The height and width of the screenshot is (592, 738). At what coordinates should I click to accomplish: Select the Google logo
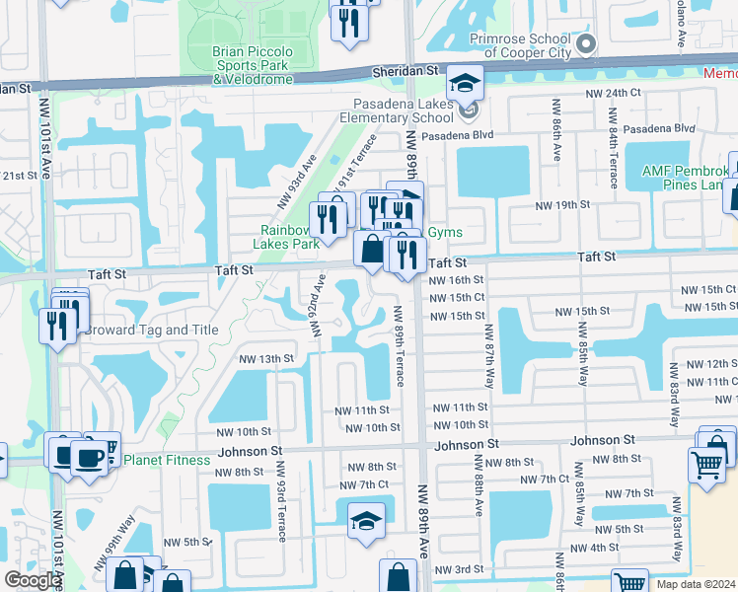click(33, 579)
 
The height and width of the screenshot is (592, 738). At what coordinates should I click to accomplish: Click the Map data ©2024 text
click(696, 584)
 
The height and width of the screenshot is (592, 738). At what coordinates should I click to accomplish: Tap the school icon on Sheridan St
click(464, 83)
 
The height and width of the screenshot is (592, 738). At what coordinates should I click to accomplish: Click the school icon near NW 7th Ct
click(365, 520)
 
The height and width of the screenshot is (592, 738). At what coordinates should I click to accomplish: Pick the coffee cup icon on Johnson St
click(90, 457)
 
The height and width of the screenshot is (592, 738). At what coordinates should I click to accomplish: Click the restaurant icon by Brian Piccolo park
click(348, 21)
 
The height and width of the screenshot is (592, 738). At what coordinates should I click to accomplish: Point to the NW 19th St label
click(562, 205)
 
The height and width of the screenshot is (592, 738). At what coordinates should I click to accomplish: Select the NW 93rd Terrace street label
click(281, 500)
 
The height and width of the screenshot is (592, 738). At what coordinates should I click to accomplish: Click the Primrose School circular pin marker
click(585, 43)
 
